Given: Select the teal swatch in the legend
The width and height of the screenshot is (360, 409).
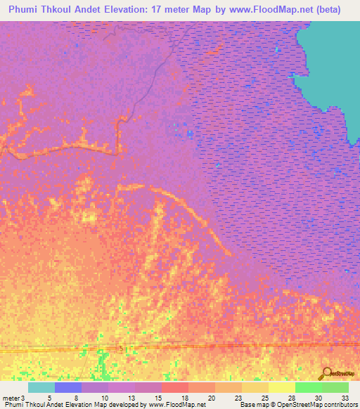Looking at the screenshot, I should (41, 387).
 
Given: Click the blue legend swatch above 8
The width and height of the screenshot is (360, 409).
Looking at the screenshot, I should (68, 387).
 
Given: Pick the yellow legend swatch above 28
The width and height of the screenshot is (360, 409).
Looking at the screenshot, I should (281, 387).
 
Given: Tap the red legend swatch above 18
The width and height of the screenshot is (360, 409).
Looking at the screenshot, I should (175, 387).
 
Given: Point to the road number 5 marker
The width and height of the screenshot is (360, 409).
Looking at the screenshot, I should (120, 349).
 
